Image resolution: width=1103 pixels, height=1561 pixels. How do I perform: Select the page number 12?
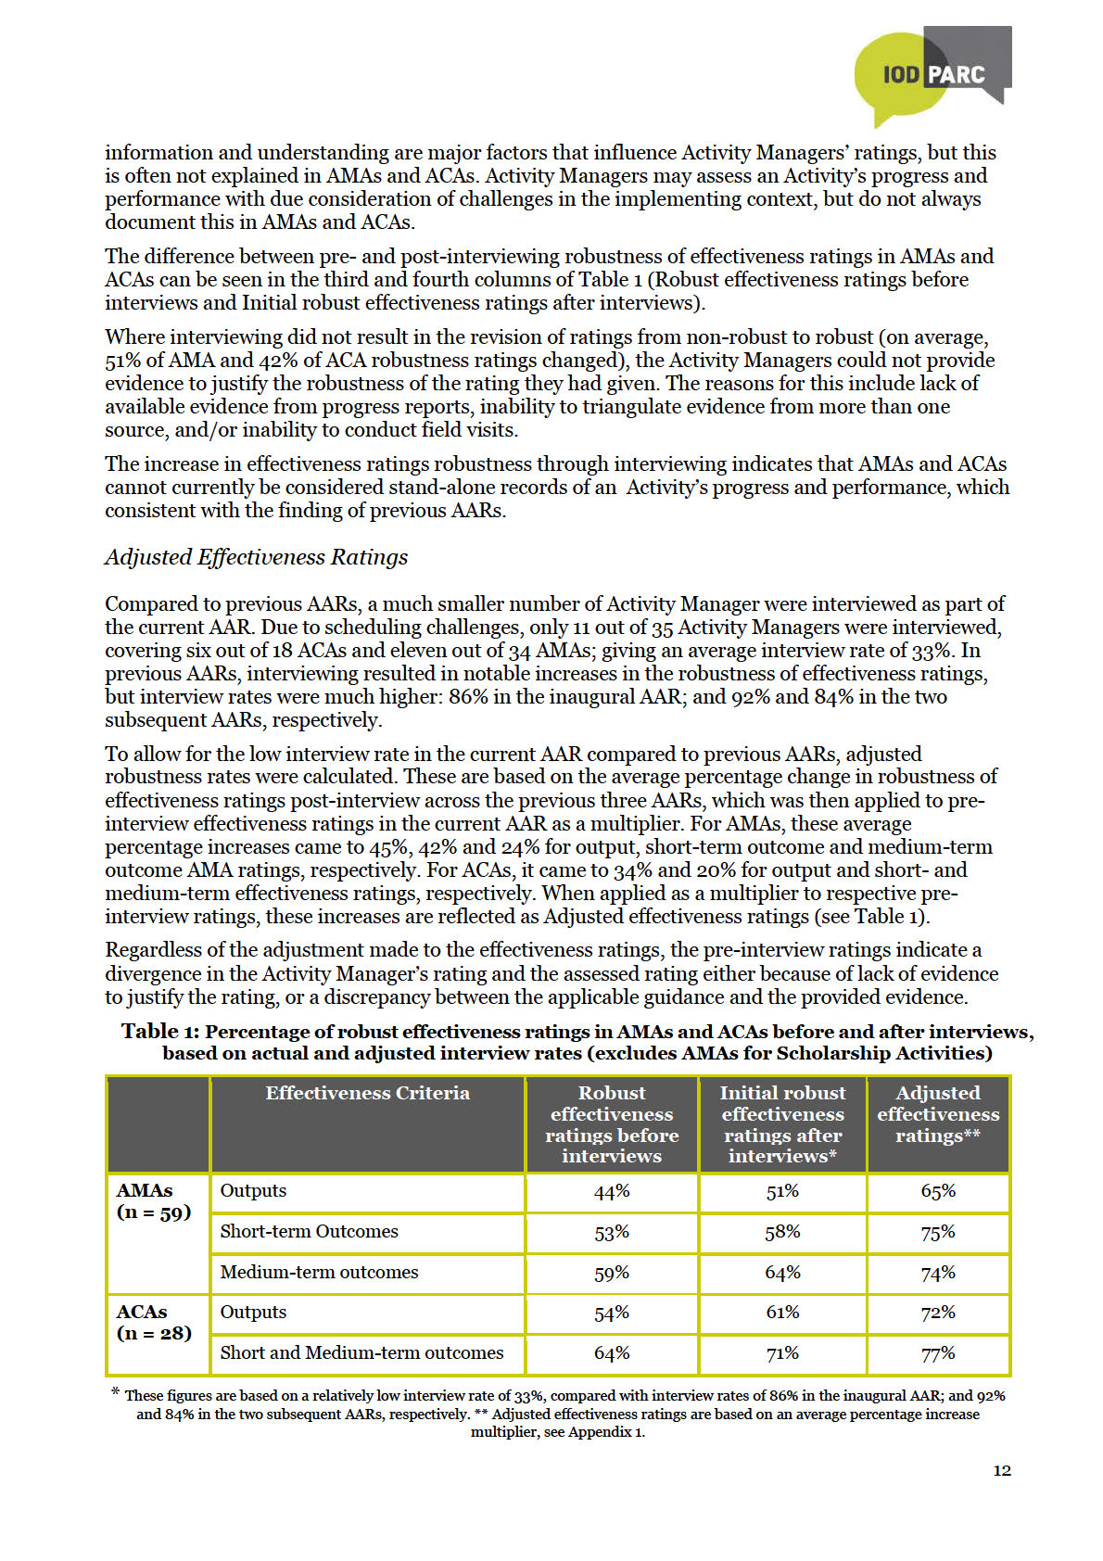pyautogui.click(x=1001, y=1470)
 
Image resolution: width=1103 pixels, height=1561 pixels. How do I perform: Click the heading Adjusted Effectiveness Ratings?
pyautogui.click(x=256, y=557)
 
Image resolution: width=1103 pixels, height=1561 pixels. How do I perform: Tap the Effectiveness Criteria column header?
pyautogui.click(x=367, y=1094)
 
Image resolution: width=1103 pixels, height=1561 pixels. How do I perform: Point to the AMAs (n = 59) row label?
pyautogui.click(x=153, y=1201)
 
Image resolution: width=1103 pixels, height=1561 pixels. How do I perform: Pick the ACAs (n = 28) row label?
pyautogui.click(x=153, y=1323)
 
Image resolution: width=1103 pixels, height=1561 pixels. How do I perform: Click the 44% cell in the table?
pyautogui.click(x=612, y=1192)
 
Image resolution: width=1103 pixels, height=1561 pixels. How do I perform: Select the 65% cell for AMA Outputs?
pyautogui.click(x=938, y=1192)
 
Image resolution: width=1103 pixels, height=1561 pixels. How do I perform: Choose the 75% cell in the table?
pyautogui.click(x=938, y=1233)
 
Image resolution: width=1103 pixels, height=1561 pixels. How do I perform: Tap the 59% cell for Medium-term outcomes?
pyautogui.click(x=612, y=1274)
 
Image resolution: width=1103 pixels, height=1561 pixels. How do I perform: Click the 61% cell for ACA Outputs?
pyautogui.click(x=782, y=1313)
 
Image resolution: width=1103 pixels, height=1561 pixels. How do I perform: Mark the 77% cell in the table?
pyautogui.click(x=938, y=1354)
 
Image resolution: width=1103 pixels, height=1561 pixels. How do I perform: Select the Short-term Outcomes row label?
pyautogui.click(x=309, y=1232)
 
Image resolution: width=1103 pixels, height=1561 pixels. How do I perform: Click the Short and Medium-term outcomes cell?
pyautogui.click(x=361, y=1353)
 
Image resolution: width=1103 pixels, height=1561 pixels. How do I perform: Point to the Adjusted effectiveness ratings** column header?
pyautogui.click(x=938, y=1114)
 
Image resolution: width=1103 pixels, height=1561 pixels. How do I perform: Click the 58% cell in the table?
pyautogui.click(x=782, y=1233)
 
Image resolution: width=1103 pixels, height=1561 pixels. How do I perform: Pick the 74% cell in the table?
pyautogui.click(x=938, y=1274)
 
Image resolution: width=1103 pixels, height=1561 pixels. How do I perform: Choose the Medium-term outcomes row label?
pyautogui.click(x=319, y=1273)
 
